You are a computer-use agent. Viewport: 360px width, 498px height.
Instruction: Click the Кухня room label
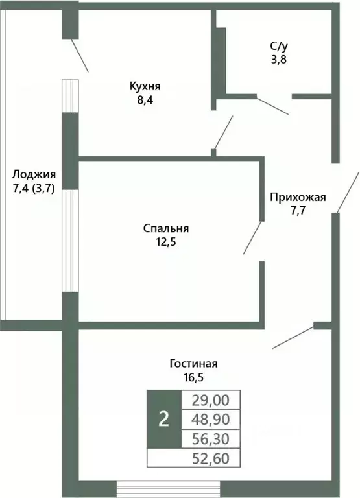pyautogui.click(x=145, y=86)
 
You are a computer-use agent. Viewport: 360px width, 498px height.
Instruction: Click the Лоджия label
pyautogui.click(x=33, y=174)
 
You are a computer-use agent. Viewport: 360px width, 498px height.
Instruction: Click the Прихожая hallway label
pyautogui.click(x=298, y=198)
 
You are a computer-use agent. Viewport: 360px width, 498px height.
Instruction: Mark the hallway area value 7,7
pyautogui.click(x=298, y=211)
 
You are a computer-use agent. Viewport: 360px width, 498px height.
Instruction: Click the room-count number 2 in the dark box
pyautogui.click(x=163, y=420)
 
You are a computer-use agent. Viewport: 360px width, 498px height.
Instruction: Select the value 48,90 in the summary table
pyautogui.click(x=211, y=420)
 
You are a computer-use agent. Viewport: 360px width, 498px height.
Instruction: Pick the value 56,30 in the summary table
pyautogui.click(x=211, y=439)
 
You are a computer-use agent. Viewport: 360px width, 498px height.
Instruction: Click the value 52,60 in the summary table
pyautogui.click(x=211, y=459)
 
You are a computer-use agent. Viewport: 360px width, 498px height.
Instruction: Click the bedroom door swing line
pyautogui.click(x=253, y=238)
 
